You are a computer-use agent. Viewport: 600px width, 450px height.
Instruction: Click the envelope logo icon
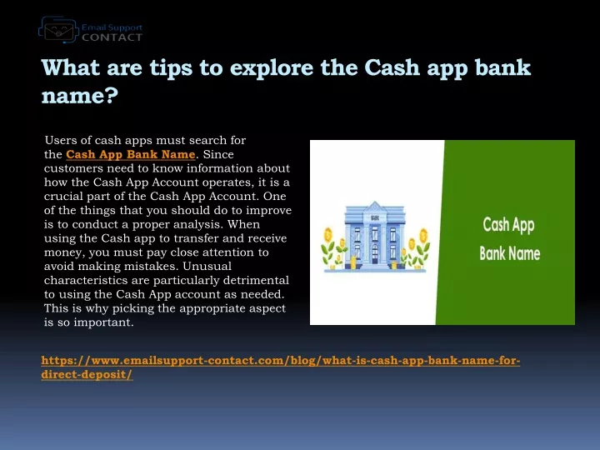[58, 29]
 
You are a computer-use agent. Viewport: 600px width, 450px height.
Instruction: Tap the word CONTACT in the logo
[112, 37]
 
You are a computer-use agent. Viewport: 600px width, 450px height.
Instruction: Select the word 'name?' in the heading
[80, 95]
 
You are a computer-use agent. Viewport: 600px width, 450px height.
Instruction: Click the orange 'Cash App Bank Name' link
[131, 154]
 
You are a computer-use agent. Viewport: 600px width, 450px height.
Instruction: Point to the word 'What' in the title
[70, 67]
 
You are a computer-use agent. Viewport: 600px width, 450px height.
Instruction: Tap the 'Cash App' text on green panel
[508, 225]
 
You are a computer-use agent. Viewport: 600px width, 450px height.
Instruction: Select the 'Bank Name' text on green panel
[510, 253]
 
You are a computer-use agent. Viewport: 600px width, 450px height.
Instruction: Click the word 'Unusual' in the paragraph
[207, 266]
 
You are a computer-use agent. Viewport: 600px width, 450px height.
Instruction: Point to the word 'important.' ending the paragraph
[103, 322]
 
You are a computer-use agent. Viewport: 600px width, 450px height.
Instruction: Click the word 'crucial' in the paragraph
[63, 197]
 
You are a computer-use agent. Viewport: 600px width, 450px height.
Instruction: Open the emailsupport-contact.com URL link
[281, 367]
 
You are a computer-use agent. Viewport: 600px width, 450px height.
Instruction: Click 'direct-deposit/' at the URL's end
[87, 374]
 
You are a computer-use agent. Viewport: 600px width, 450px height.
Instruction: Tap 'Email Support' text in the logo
[112, 27]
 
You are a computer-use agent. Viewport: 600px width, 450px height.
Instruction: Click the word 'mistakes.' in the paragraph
[152, 266]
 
